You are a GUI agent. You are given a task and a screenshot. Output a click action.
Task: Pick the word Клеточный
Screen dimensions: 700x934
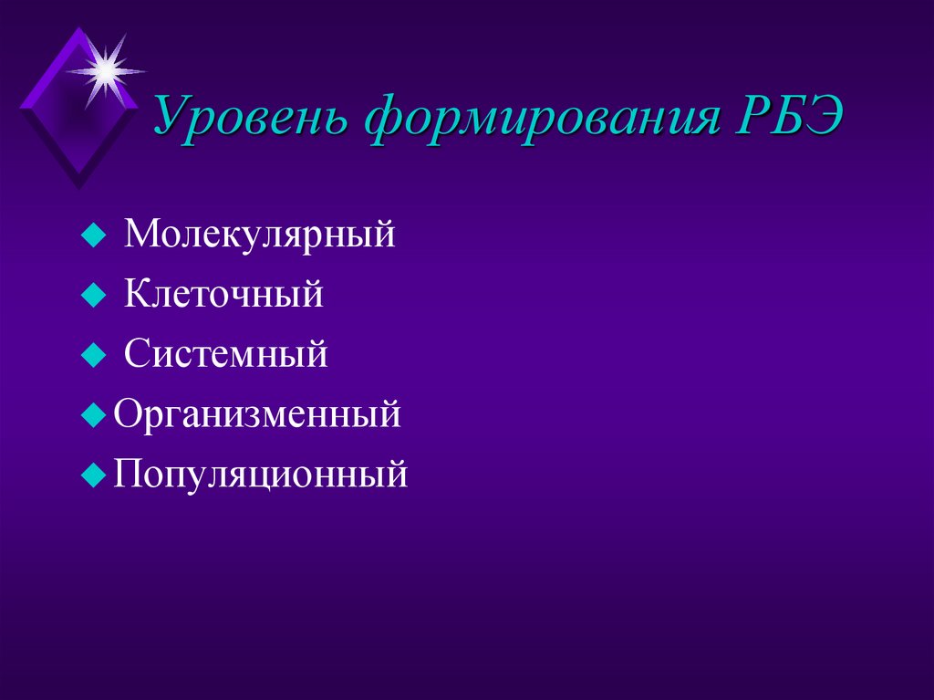point(224,295)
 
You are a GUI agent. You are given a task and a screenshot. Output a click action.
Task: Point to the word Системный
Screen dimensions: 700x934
point(226,354)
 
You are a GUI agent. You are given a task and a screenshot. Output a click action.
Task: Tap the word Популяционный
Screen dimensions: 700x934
point(260,475)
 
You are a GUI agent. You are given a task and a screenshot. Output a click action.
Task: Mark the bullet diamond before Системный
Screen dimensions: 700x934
point(91,356)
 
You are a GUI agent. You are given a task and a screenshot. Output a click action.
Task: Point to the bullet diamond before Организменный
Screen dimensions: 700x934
point(91,416)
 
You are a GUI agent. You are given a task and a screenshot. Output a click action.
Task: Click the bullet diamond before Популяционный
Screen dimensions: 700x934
point(91,475)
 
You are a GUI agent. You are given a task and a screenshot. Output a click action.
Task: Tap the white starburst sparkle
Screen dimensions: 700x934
point(104,68)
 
